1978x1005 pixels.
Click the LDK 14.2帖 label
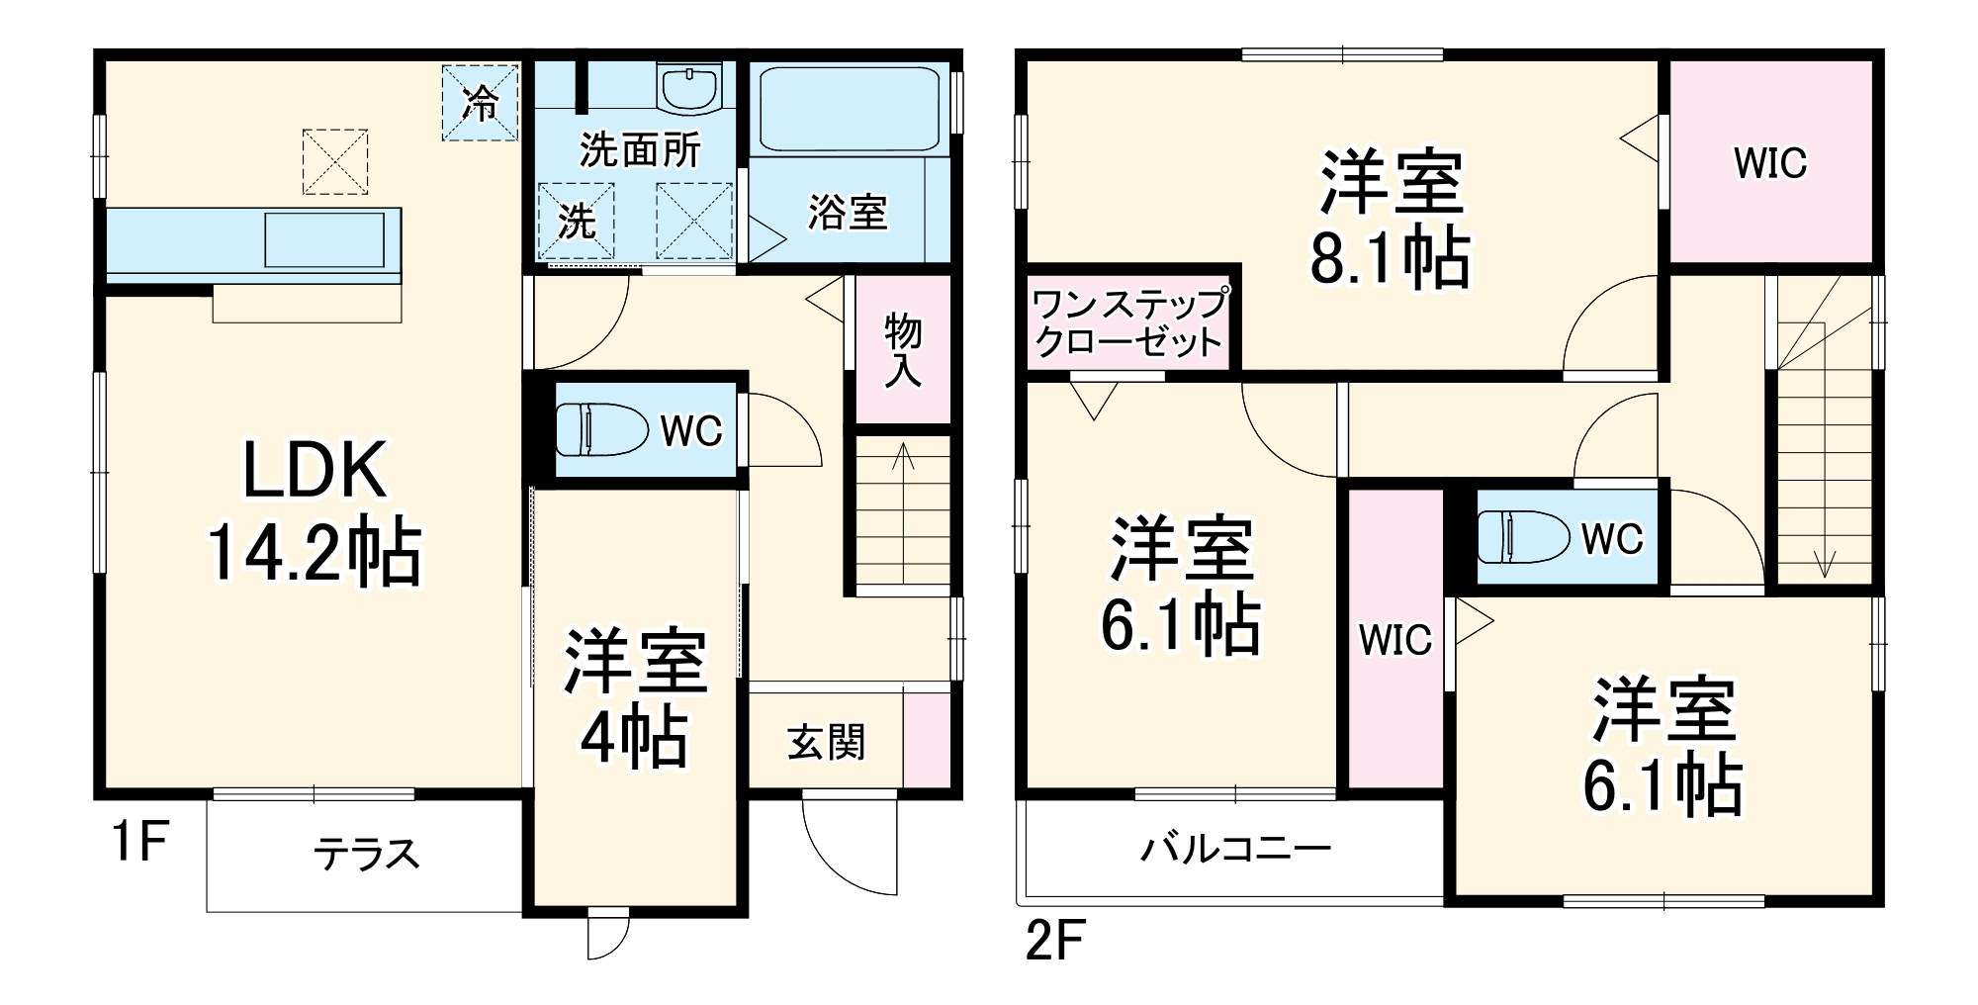315,512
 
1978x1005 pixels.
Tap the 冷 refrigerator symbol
480,102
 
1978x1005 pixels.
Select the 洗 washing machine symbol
576,222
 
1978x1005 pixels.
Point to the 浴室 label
848,213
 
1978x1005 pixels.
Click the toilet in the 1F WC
599,429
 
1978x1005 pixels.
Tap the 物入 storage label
902,350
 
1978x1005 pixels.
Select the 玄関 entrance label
827,742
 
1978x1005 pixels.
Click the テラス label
366,854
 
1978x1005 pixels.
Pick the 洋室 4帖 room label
635,698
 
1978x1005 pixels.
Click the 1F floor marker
138,842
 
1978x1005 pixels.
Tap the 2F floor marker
1055,940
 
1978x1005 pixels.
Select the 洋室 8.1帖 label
1391,220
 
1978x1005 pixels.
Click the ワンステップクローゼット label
1128,322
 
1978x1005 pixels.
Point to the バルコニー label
1236,849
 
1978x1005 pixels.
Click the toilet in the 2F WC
1523,537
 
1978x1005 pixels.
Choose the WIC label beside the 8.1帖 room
1770,163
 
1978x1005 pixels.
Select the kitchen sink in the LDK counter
323,239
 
